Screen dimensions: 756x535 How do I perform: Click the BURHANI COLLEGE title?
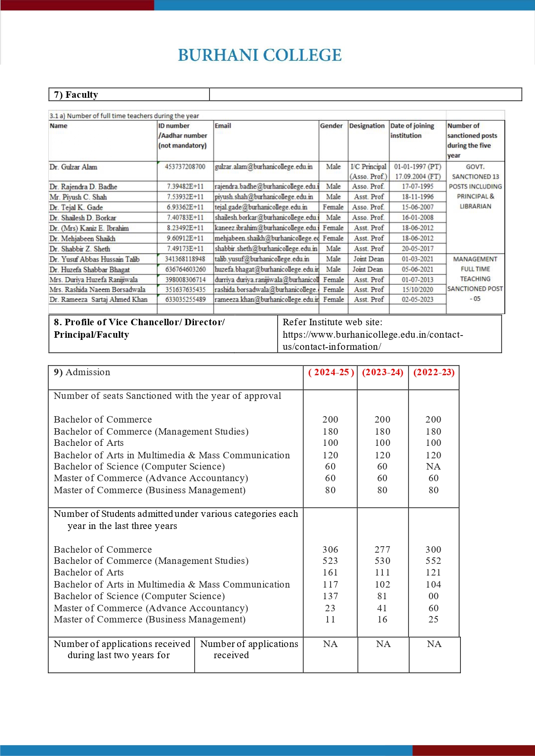tap(260, 56)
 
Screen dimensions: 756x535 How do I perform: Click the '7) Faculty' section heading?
tap(76, 95)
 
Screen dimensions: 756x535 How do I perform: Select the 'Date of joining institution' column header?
tap(412, 131)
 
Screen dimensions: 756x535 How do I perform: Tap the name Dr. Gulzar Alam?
tap(73, 167)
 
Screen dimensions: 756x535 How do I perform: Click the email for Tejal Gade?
tap(261, 207)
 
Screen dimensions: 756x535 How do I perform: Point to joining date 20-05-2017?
tap(417, 249)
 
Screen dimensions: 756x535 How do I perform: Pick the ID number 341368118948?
tap(185, 259)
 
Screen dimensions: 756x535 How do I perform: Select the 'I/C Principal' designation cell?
tap(368, 167)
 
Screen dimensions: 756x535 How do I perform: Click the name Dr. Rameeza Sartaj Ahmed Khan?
tap(98, 299)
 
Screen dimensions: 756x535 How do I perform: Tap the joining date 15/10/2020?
tap(417, 289)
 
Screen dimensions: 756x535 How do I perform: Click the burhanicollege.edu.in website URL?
tap(372, 340)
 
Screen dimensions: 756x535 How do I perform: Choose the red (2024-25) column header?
tap(331, 373)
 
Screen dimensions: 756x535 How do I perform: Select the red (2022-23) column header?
tap(434, 373)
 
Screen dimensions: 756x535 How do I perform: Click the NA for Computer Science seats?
tap(433, 467)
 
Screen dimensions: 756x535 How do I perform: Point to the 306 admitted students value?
tap(330, 550)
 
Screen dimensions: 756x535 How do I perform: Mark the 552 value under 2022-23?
tap(433, 561)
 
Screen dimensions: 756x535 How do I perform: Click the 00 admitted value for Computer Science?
tap(433, 596)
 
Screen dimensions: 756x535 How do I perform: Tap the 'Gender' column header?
tap(331, 126)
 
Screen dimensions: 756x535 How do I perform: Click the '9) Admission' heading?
tap(82, 373)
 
